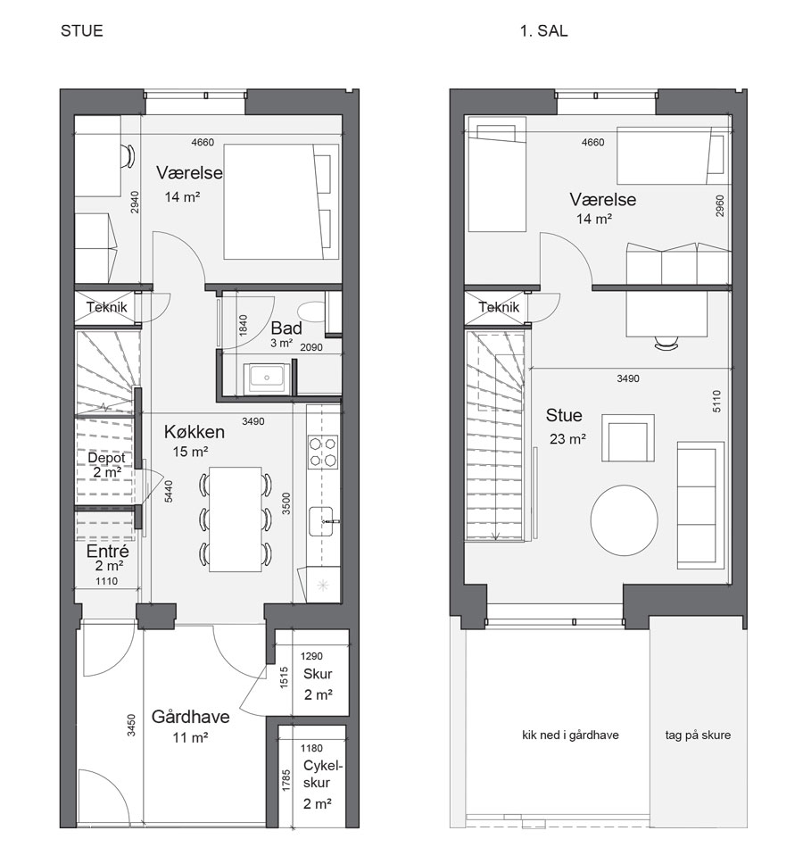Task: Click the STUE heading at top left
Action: [x=81, y=30]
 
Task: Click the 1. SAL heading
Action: [x=543, y=30]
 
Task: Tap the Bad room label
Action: [x=286, y=328]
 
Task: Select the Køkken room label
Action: [x=195, y=431]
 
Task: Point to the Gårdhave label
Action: [x=190, y=717]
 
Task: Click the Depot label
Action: [x=106, y=457]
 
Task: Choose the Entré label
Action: [x=107, y=551]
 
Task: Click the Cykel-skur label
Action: [x=322, y=774]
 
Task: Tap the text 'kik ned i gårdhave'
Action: [x=570, y=735]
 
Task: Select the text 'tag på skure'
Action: [x=698, y=735]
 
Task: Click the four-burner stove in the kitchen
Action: [x=323, y=452]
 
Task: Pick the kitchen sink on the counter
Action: [x=323, y=521]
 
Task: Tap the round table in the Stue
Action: [x=624, y=520]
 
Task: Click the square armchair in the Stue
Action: [x=628, y=438]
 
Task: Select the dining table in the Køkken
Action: [x=236, y=519]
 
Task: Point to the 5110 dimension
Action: [x=716, y=401]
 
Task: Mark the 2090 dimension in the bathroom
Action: [x=311, y=347]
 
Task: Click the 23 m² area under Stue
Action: [x=567, y=438]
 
